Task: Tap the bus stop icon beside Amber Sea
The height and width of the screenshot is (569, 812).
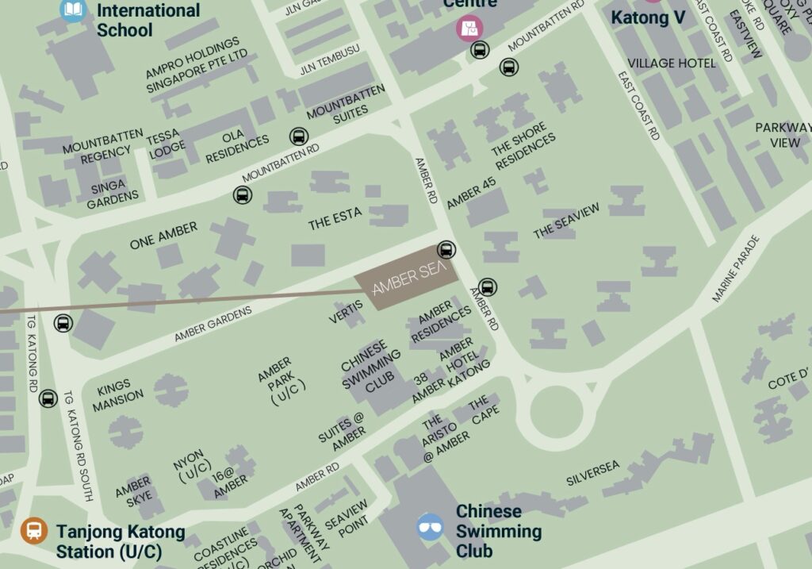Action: pyautogui.click(x=446, y=250)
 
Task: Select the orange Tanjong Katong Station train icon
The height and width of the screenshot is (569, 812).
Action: pyautogui.click(x=34, y=531)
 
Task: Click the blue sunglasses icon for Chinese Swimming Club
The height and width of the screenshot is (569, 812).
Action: pyautogui.click(x=430, y=527)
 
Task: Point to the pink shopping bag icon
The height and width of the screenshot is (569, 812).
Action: pyautogui.click(x=469, y=29)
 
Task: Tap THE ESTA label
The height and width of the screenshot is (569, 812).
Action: pyautogui.click(x=335, y=219)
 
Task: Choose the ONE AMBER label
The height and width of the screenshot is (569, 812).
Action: pyautogui.click(x=163, y=236)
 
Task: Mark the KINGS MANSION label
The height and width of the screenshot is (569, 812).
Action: pyautogui.click(x=119, y=397)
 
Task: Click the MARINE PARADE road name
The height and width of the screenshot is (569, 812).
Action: pyautogui.click(x=735, y=268)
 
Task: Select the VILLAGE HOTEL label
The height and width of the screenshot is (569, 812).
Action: pyautogui.click(x=671, y=63)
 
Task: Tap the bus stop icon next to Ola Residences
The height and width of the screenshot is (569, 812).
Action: pyautogui.click(x=298, y=136)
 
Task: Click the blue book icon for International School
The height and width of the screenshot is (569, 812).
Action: pyautogui.click(x=73, y=10)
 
